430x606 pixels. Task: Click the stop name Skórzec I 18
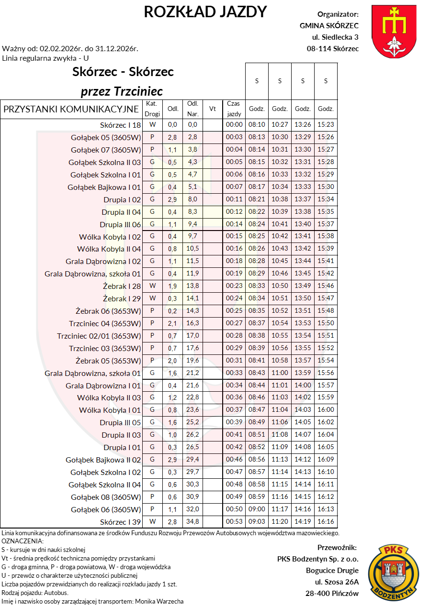coord(120,125)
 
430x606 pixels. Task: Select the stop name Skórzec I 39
coord(120,522)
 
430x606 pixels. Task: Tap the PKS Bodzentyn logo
coord(394,573)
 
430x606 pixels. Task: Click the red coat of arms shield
coord(395,32)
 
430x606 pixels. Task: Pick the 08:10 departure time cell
coord(257,125)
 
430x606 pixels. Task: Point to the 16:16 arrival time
coord(326,522)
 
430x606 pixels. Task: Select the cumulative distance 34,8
coord(193,522)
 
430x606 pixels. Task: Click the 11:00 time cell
coord(280,373)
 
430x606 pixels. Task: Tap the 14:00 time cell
coord(303,386)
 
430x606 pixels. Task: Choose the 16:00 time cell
coord(326,410)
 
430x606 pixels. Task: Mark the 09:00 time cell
coord(257,509)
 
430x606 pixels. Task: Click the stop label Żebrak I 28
coord(122,286)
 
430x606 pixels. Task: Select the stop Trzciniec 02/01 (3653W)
coord(99,336)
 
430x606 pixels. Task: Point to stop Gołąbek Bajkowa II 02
coord(103,460)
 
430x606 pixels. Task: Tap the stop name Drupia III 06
coord(120,224)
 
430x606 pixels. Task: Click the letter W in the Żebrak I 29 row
coord(152,298)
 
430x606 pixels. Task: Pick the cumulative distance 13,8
coord(193,286)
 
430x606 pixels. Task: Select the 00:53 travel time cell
coord(234,522)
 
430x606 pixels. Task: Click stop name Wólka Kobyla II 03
coord(109,398)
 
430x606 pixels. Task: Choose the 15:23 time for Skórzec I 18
coord(326,125)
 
